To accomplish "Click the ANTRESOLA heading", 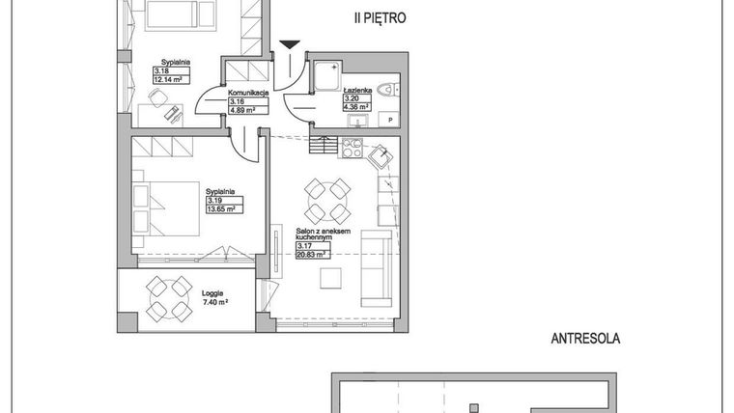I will click(583, 339).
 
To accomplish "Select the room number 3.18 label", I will click(161, 70).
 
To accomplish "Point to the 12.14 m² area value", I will click(170, 79).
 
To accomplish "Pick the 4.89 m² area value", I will click(241, 109).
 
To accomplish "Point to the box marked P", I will click(390, 119).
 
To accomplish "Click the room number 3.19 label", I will click(213, 200).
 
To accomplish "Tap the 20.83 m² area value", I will click(312, 255).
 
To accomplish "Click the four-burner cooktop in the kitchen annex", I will click(351, 149).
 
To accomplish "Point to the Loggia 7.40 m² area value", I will click(214, 302).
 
